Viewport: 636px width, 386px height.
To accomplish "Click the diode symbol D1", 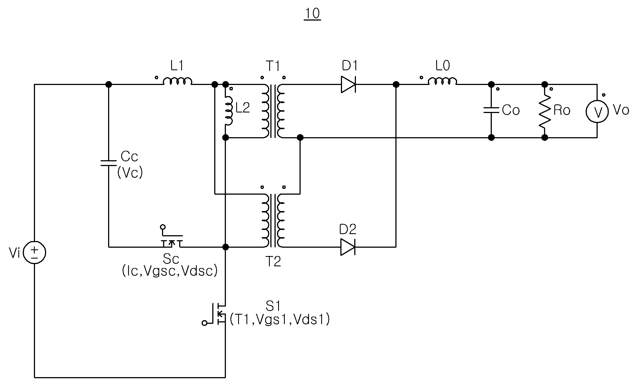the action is [x=348, y=84].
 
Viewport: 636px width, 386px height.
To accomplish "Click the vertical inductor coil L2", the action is [x=229, y=111].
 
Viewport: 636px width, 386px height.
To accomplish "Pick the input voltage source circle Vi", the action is [x=34, y=252].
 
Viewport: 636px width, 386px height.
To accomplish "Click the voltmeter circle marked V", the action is [x=597, y=111].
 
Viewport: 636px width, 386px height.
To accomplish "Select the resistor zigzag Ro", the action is [x=545, y=111].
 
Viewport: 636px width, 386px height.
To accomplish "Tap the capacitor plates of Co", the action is [x=491, y=110].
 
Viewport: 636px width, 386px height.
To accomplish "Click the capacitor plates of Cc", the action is [x=109, y=163].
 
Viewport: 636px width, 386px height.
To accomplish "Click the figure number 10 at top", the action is [x=313, y=13].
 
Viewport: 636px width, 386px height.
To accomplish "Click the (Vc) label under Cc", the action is [x=130, y=173].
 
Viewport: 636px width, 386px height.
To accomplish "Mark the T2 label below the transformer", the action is [x=273, y=262].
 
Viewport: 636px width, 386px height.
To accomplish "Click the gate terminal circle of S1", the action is [x=204, y=323].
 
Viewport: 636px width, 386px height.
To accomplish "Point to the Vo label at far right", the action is [x=621, y=110].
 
